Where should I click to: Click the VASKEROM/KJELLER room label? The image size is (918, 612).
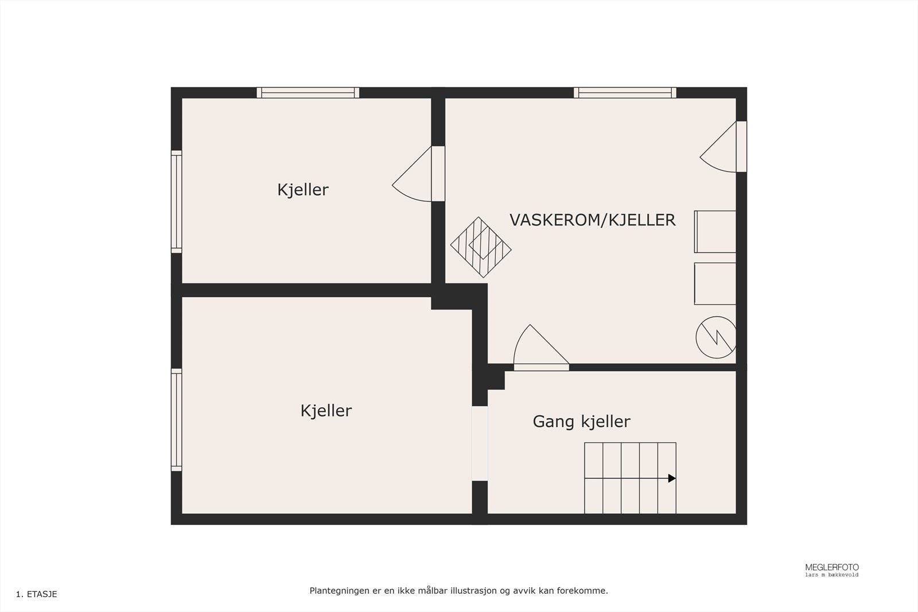click(x=592, y=220)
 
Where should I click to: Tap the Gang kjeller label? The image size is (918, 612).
click(x=581, y=422)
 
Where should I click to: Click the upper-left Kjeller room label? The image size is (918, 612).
click(x=302, y=190)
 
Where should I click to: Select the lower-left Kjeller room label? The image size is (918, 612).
click(x=326, y=411)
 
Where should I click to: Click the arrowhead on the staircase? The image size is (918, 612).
click(x=672, y=478)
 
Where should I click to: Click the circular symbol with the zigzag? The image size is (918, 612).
click(x=715, y=337)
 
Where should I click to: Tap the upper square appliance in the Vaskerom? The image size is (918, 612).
click(x=715, y=232)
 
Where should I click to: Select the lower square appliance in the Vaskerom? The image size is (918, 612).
click(x=715, y=283)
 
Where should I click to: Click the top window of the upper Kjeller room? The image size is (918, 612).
click(x=308, y=93)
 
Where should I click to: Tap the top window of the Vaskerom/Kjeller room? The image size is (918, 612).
click(x=625, y=93)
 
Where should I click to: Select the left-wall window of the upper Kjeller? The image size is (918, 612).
click(x=176, y=201)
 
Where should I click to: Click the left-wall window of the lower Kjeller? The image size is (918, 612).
click(x=176, y=420)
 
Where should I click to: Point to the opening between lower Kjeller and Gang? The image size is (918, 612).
click(x=480, y=443)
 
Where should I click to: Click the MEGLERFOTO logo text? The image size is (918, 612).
click(x=831, y=567)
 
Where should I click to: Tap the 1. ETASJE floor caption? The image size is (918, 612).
click(x=37, y=594)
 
